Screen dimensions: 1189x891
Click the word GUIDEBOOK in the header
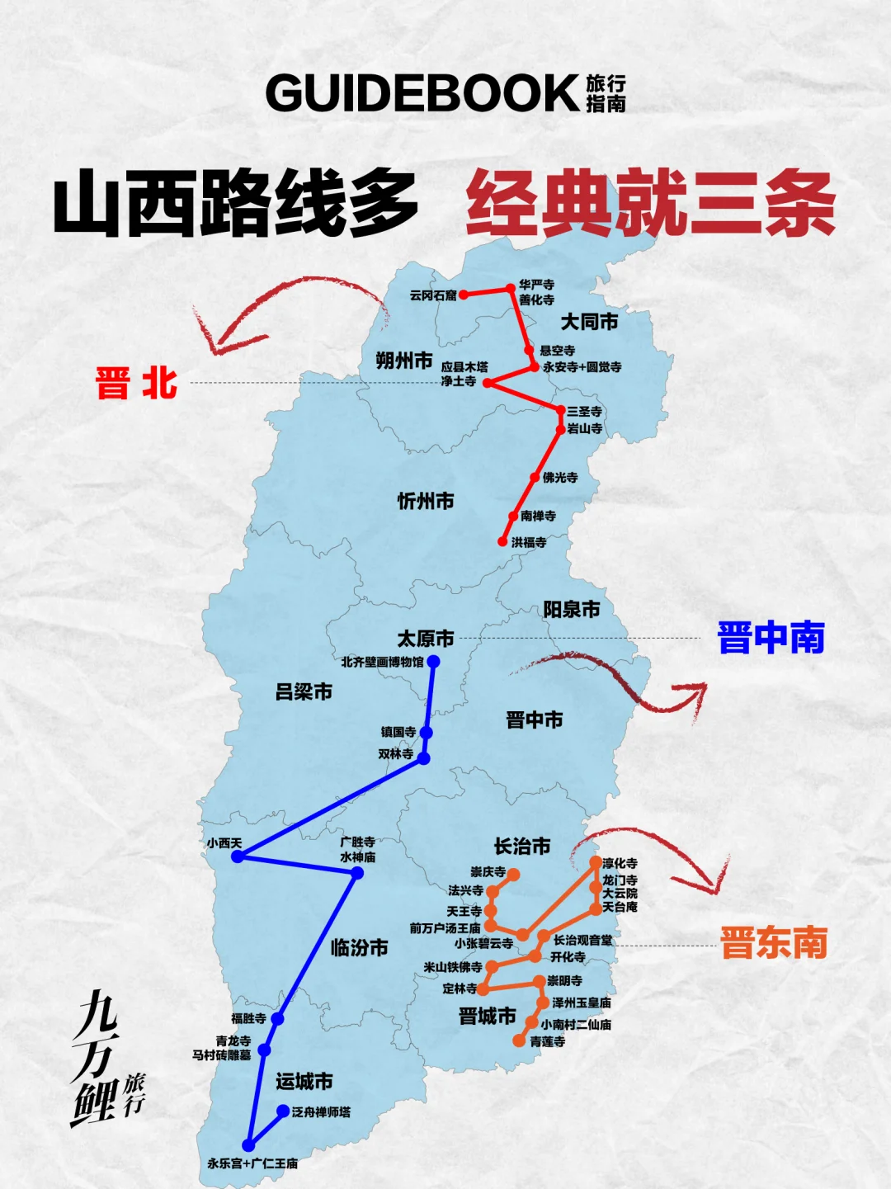point(422,93)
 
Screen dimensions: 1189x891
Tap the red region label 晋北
point(136,384)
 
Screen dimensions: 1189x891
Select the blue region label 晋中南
point(771,638)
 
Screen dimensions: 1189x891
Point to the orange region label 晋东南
point(774,942)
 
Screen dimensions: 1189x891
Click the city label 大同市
point(589,322)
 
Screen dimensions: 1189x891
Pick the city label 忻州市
point(426,501)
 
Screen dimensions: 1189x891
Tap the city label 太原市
point(426,639)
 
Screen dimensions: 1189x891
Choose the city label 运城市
point(304,1081)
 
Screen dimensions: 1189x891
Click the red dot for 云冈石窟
point(464,295)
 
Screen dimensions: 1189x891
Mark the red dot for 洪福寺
point(502,542)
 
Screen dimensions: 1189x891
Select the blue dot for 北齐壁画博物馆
point(433,662)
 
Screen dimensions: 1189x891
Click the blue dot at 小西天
point(238,856)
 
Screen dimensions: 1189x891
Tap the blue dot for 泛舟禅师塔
point(283,1111)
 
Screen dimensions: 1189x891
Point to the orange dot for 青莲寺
point(518,1041)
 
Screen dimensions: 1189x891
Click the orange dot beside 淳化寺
point(596,862)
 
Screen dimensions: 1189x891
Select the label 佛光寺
point(560,478)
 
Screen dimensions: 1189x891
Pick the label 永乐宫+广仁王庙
point(252,1163)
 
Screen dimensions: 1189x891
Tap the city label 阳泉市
point(571,610)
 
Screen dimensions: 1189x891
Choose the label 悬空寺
point(558,351)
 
